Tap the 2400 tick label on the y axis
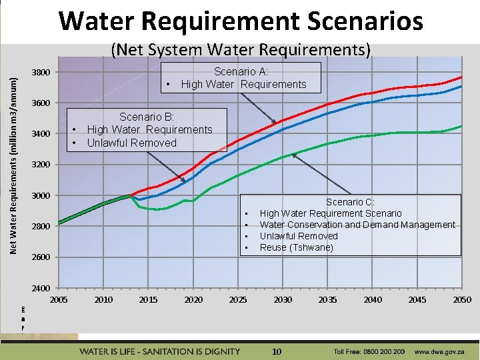pos(41,288)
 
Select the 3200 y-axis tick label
pos(41,165)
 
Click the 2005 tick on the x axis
pos(59,300)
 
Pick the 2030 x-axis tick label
pos(283,300)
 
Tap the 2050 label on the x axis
pos(462,300)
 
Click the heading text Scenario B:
pos(147,117)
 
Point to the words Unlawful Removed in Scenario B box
pos(131,143)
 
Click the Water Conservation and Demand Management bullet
pos(357,225)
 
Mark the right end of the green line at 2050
pos(461,126)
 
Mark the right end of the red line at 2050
pos(461,77)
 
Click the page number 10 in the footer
pos(277,351)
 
